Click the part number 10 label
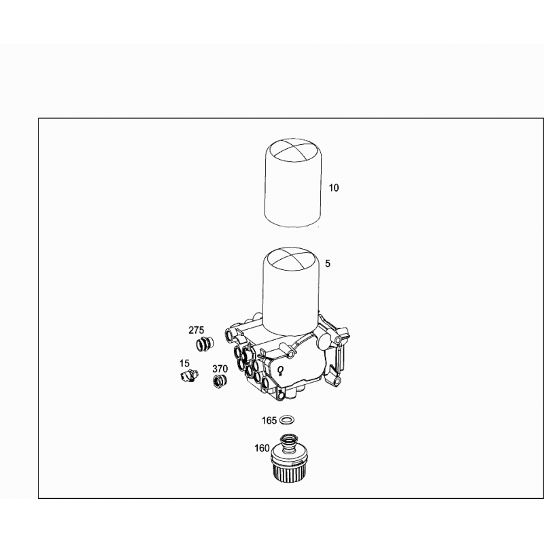click(333, 188)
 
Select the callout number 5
click(328, 264)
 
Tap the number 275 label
click(196, 330)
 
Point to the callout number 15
click(184, 363)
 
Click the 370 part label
click(220, 369)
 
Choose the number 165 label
click(269, 421)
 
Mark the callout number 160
click(262, 448)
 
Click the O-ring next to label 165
click(287, 420)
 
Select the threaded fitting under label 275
click(205, 343)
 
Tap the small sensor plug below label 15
click(190, 377)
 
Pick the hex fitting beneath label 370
click(220, 381)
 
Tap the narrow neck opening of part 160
click(288, 439)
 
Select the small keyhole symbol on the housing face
click(280, 371)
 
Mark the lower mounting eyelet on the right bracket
click(335, 381)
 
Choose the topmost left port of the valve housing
click(230, 335)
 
